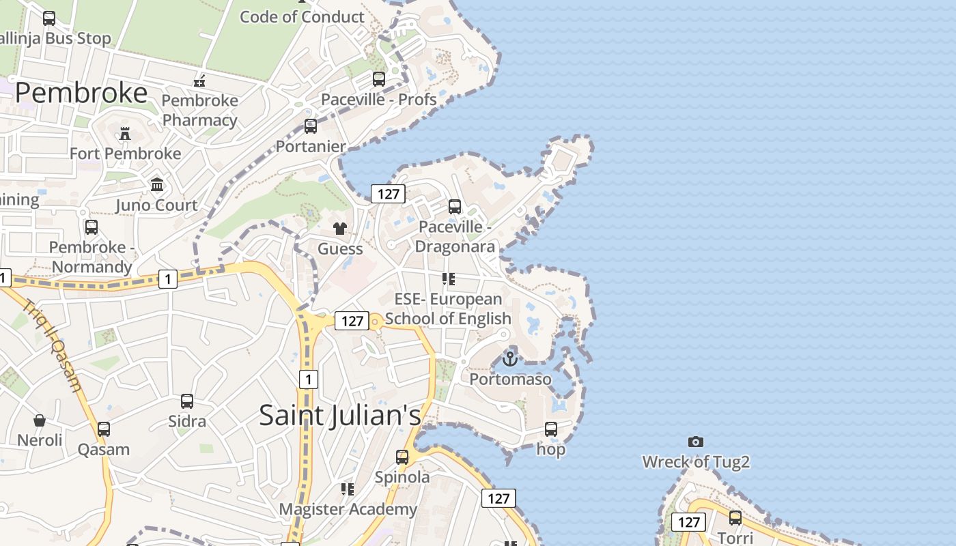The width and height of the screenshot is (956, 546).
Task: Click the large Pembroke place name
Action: [81, 93]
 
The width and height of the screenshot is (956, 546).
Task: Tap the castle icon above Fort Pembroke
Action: [125, 133]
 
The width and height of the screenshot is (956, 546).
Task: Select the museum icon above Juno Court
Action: [157, 184]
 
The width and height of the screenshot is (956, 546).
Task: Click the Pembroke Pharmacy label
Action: [200, 110]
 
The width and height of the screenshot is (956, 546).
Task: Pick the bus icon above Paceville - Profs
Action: [379, 79]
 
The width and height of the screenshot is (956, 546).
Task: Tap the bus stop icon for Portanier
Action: [311, 126]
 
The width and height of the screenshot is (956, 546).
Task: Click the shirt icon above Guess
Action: [340, 228]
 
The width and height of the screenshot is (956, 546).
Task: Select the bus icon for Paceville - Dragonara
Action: [455, 206]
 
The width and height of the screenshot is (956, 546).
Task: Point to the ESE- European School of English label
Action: [448, 308]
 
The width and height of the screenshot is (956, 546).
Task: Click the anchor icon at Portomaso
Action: [510, 358]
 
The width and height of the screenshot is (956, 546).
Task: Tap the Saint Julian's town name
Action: [340, 415]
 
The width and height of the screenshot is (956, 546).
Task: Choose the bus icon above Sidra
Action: [187, 401]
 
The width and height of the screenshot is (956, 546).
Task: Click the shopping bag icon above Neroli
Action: [40, 420]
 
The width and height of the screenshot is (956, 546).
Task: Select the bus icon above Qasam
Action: [104, 429]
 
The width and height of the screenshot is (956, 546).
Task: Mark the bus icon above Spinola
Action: [402, 457]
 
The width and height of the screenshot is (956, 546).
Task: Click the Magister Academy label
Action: [348, 509]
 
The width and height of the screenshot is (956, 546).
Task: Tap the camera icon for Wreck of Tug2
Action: [696, 442]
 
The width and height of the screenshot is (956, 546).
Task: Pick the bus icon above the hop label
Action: [551, 429]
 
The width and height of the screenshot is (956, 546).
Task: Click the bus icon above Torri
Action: [735, 518]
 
